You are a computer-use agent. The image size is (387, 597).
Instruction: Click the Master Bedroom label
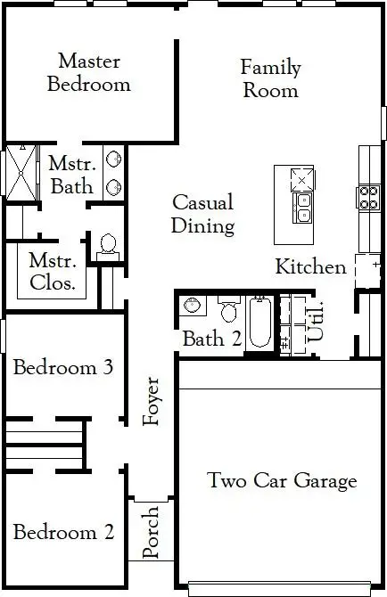88,73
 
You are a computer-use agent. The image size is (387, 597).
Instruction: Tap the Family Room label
270,78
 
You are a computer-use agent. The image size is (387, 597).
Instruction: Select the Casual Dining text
203,214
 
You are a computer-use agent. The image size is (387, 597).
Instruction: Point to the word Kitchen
310,266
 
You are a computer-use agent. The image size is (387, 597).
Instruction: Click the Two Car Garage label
282,481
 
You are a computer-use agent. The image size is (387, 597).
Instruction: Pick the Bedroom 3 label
62,367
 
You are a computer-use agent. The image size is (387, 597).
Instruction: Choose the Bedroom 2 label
63,533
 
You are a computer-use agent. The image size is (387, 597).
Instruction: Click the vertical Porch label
151,533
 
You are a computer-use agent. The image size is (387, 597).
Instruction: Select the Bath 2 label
212,339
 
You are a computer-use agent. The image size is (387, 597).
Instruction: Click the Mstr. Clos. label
52,273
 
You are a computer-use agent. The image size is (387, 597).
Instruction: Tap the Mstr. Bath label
71,176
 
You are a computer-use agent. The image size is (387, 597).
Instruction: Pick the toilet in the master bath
109,245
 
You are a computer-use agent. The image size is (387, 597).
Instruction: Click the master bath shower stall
20,171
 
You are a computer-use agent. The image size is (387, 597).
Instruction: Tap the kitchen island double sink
304,207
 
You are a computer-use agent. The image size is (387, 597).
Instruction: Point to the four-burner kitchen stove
369,196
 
